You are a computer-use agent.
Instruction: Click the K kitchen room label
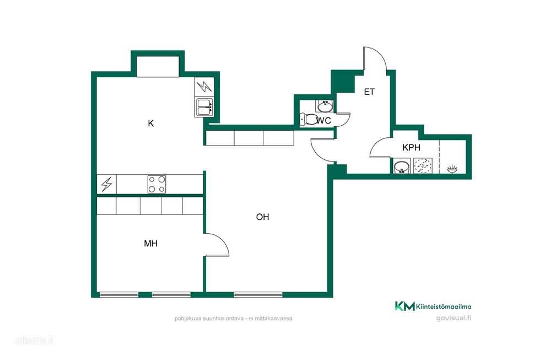(x=150, y=123)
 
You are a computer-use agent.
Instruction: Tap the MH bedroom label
(x=150, y=244)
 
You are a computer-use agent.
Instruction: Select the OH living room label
(x=262, y=217)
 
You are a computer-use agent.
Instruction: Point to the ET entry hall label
(x=369, y=92)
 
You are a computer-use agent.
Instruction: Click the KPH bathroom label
(x=411, y=147)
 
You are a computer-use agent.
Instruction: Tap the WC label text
(x=324, y=121)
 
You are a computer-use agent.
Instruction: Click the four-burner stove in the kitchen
(x=156, y=184)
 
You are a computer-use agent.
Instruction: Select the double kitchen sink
(x=204, y=107)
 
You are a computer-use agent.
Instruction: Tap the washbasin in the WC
(x=325, y=106)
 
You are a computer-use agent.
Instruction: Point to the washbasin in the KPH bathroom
(x=402, y=166)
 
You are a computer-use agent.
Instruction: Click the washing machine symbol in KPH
(x=423, y=166)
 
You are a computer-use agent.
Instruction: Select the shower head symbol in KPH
(x=452, y=169)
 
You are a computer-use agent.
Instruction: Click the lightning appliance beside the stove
(x=106, y=184)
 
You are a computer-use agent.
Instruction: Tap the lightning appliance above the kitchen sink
(x=204, y=87)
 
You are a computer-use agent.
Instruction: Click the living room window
(x=258, y=294)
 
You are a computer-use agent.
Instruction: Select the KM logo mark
(x=404, y=306)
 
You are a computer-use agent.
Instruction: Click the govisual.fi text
(x=453, y=318)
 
